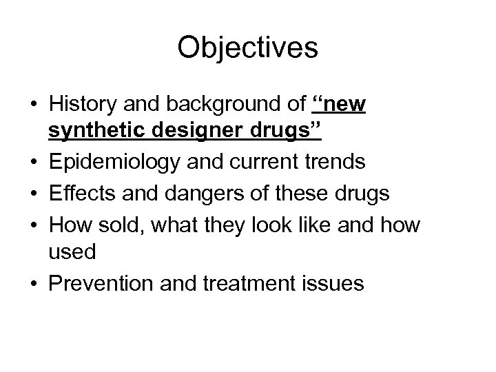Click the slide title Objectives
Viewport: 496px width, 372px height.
[247, 48]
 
